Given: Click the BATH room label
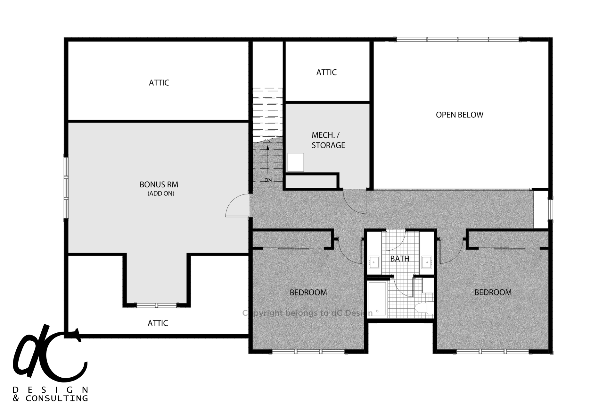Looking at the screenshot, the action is click(400, 259).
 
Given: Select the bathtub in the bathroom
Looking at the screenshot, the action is click(378, 298).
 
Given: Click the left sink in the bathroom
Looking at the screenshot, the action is click(373, 262).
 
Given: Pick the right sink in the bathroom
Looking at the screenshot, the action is click(426, 262).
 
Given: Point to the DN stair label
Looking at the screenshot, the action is click(268, 180).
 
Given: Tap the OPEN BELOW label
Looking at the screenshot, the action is click(459, 115).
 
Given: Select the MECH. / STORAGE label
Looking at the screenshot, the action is click(328, 140).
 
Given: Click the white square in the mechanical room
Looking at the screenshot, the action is click(295, 162).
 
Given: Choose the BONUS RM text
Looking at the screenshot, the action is click(159, 184).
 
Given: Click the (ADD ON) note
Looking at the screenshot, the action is click(161, 193).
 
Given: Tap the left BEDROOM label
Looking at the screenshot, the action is click(308, 292).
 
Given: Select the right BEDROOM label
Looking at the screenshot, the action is click(493, 292).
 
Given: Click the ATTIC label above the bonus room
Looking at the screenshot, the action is click(159, 83).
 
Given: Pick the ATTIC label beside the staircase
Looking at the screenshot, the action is click(326, 73).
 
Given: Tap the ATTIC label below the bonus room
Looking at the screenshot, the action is click(158, 323).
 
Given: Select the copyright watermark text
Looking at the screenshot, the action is click(307, 313).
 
